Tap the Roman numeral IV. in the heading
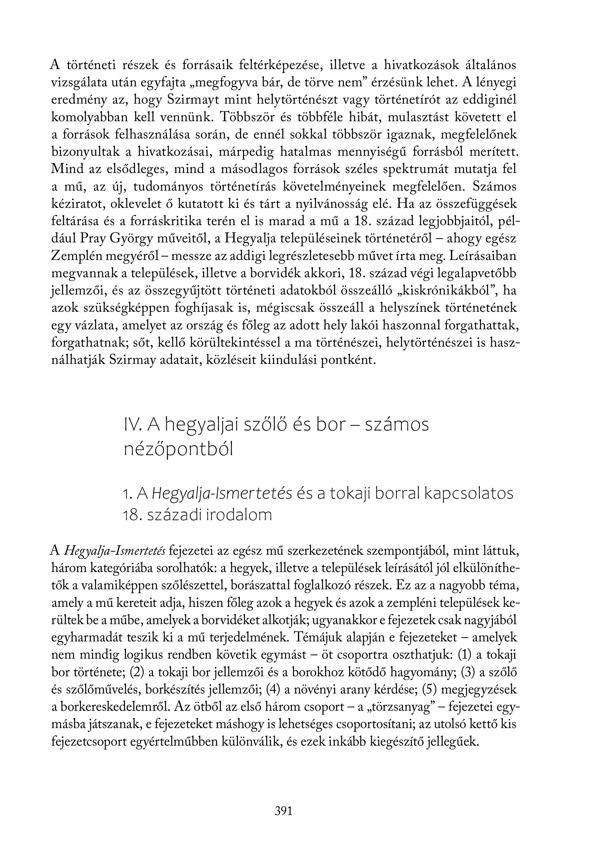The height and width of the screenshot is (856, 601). (132, 425)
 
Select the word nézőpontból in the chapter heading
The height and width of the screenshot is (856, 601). (178, 450)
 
